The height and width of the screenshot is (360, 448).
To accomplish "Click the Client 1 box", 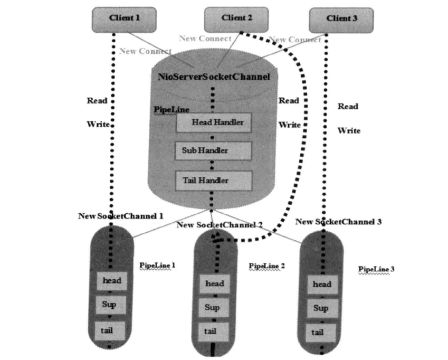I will (x=124, y=18).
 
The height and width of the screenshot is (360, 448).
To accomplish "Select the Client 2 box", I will (x=236, y=18).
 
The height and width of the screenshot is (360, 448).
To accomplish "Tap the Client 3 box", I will (x=341, y=19).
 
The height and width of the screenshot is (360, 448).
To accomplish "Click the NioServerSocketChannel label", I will (x=214, y=77).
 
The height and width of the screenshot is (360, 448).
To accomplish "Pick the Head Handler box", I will (x=214, y=122).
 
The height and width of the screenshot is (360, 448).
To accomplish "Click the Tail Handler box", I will (x=214, y=181).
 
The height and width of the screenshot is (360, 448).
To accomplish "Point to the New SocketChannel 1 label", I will (x=121, y=216).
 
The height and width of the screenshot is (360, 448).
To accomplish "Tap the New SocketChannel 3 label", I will (x=338, y=222).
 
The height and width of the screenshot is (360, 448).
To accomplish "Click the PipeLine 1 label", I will (x=157, y=265).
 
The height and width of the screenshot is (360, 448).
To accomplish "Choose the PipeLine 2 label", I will (x=266, y=266).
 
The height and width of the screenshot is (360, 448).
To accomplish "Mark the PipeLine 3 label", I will (x=376, y=269).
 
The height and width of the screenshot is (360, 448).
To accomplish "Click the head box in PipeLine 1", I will (x=111, y=280).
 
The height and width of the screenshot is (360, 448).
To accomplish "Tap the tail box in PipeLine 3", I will (x=317, y=333).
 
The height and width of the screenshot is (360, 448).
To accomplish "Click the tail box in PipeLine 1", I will (x=110, y=330).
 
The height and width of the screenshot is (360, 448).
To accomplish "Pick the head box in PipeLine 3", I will (x=322, y=285).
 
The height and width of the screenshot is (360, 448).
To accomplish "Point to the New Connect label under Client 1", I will (x=145, y=51).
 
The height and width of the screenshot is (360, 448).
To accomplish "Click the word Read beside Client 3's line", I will (x=348, y=107).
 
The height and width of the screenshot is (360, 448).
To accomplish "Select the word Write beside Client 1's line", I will (x=98, y=125).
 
